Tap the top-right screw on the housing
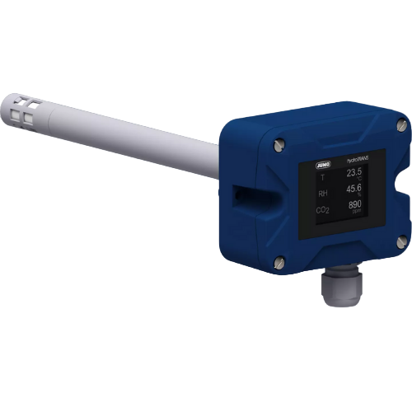pyautogui.click(x=400, y=124)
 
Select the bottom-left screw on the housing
pyautogui.click(x=279, y=262)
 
